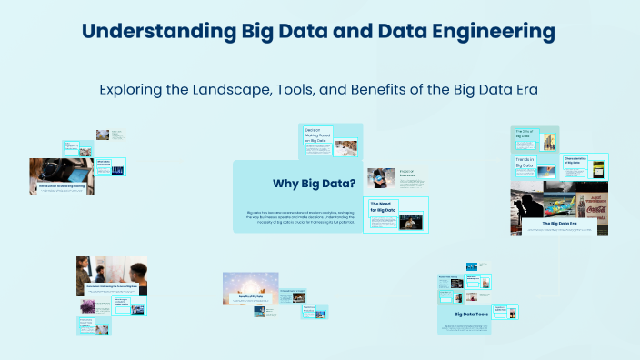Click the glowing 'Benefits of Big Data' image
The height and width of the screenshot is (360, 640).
pyautogui.click(x=250, y=286)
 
